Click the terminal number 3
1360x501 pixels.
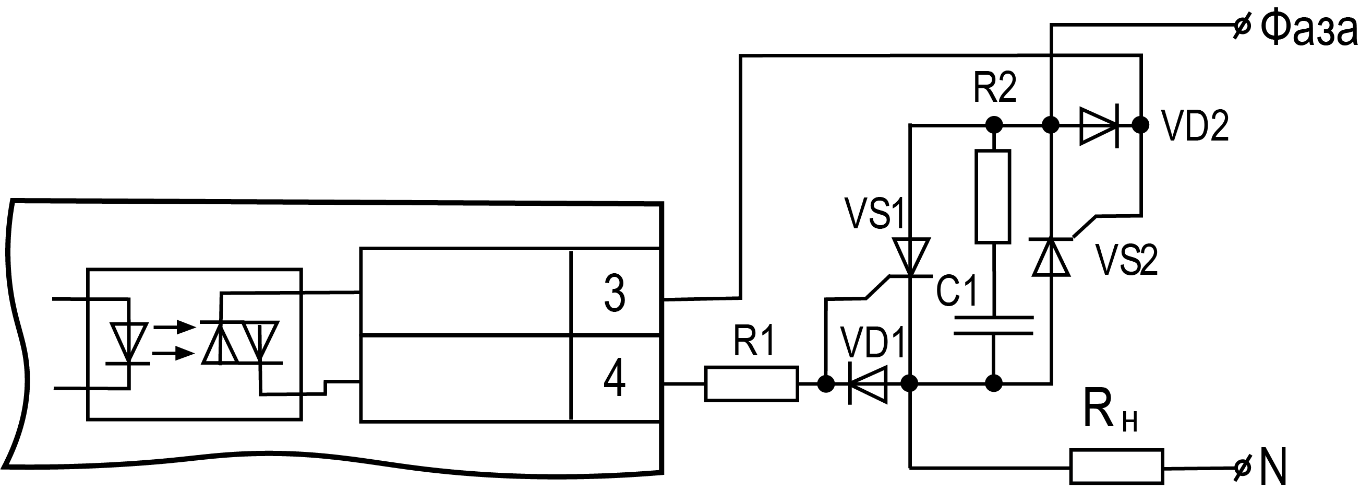[x=615, y=293]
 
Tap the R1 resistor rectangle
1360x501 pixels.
[x=751, y=383]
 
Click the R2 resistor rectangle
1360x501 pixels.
[x=993, y=196]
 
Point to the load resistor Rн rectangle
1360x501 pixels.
[x=1116, y=466]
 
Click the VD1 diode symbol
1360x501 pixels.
[x=868, y=384]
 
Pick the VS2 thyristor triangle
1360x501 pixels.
[x=1051, y=257]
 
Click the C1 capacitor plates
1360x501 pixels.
[x=993, y=325]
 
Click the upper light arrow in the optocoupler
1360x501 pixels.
[x=174, y=327]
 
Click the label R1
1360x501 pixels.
[x=753, y=341]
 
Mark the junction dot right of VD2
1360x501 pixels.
[x=1141, y=125]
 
